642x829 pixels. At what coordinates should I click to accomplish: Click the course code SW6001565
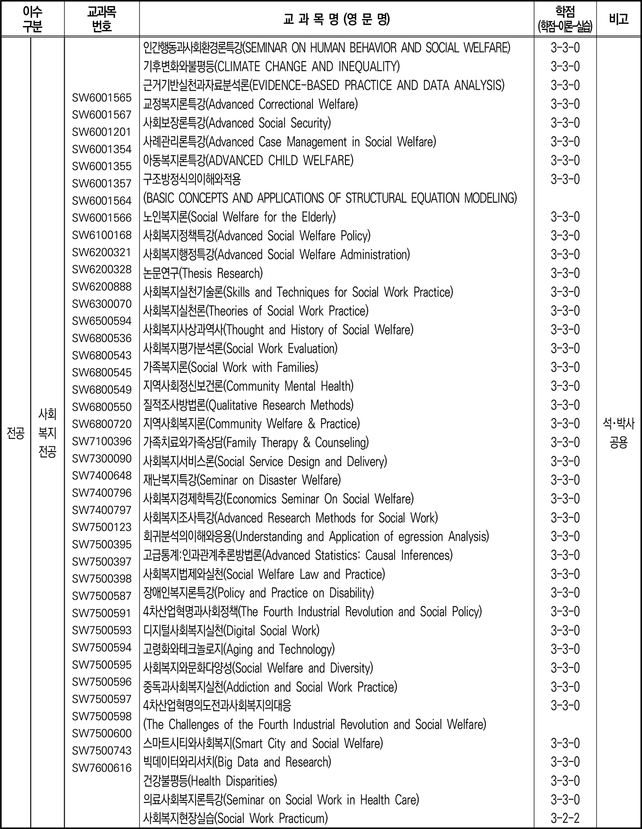[x=101, y=98]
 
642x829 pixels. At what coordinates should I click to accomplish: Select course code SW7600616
[x=101, y=768]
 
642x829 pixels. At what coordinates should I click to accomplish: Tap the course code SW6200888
[x=101, y=286]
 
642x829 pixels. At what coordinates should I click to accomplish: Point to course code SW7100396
[x=101, y=441]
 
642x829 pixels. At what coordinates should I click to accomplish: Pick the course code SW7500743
[x=101, y=751]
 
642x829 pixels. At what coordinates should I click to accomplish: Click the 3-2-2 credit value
[x=565, y=819]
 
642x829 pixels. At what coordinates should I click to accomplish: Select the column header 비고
[x=618, y=19]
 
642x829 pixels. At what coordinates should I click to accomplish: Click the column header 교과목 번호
[x=101, y=19]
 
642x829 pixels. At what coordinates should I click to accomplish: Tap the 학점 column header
[x=565, y=19]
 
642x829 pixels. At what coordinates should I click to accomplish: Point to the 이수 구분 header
[x=33, y=19]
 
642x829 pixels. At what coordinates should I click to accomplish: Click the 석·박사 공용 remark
[x=618, y=433]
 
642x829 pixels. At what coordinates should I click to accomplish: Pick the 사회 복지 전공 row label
[x=47, y=433]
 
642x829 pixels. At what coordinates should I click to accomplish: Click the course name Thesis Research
[x=203, y=273]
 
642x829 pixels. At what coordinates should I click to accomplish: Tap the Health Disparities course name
[x=210, y=781]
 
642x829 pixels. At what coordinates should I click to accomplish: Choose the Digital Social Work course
[x=232, y=631]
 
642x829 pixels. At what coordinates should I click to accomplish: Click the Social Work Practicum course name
[x=235, y=819]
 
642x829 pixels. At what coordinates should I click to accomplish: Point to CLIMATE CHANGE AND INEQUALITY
[x=271, y=67]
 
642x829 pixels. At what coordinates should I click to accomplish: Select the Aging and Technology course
[x=239, y=649]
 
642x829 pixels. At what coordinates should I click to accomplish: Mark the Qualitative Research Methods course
[x=248, y=405]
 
